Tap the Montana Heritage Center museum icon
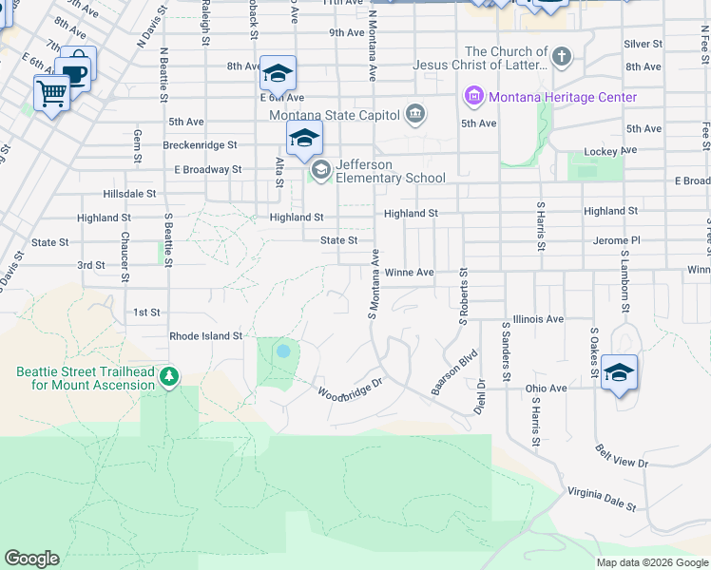pyautogui.click(x=473, y=97)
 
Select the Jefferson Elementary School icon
pyautogui.click(x=320, y=171)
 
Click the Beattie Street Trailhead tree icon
pyautogui.click(x=169, y=377)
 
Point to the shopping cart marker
pyautogui.click(x=51, y=93)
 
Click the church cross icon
pyautogui.click(x=562, y=55)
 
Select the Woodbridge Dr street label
pyautogui.click(x=349, y=389)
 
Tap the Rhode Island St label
pyautogui.click(x=206, y=336)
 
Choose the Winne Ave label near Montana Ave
pyautogui.click(x=409, y=273)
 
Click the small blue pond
pyautogui.click(x=282, y=351)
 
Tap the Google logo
pyautogui.click(x=31, y=559)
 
